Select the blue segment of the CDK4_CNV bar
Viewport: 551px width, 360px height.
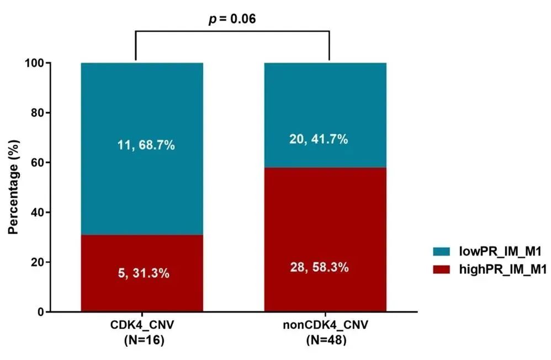pos(142,110)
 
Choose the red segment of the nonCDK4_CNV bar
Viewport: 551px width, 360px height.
pos(325,232)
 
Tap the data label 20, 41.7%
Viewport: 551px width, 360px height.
pos(319,140)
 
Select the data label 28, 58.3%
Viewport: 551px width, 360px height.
pos(320,268)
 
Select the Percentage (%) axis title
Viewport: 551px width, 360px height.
pos(13,188)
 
